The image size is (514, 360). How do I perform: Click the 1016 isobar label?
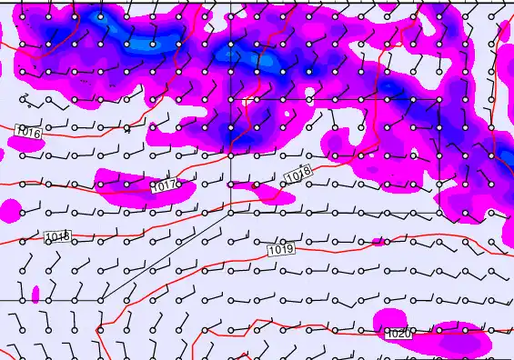pyautogui.click(x=29, y=133)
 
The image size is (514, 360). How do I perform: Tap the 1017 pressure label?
pyautogui.click(x=165, y=185)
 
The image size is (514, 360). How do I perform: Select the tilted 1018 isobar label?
pyautogui.click(x=297, y=174)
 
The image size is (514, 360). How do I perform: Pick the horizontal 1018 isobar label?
pyautogui.click(x=57, y=237)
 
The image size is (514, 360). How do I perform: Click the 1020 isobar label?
pyautogui.click(x=398, y=335)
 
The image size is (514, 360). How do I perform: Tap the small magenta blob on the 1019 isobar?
pyautogui.click(x=378, y=241)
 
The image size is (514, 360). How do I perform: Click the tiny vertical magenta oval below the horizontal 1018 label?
pyautogui.click(x=35, y=295)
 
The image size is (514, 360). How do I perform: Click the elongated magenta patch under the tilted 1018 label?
pyautogui.click(x=268, y=193)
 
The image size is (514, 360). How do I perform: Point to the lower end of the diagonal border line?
pyautogui.click(x=99, y=299)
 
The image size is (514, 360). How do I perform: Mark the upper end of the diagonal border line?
pyautogui.click(x=230, y=213)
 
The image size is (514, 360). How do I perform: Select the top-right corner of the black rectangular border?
pyautogui.click(x=439, y=99)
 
